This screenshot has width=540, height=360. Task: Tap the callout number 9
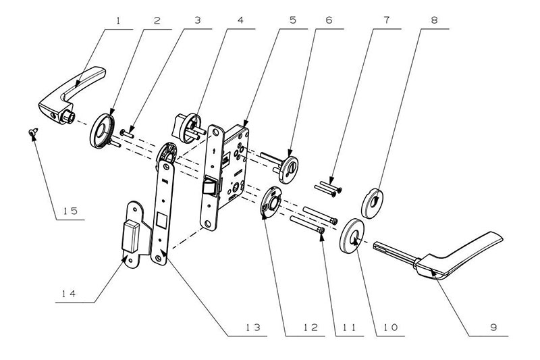(493, 328)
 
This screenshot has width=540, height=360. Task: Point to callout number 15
(66, 211)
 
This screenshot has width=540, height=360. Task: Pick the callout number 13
(251, 328)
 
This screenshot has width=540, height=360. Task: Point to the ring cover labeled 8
(372, 201)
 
